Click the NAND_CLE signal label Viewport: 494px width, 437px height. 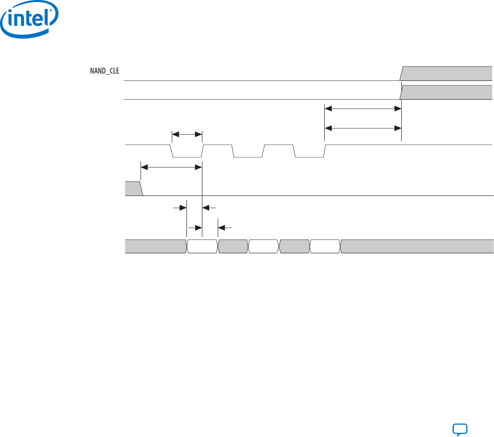(x=104, y=71)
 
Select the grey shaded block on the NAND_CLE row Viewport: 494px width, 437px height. (x=446, y=73)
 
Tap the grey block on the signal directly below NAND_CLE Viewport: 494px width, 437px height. (x=446, y=92)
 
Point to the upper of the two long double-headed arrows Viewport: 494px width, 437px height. (x=363, y=109)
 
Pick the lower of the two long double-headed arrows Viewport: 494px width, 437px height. (x=363, y=128)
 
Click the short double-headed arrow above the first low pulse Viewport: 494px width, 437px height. (x=187, y=134)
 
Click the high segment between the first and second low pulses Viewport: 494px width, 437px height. (x=217, y=145)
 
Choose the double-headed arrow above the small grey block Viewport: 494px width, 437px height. (x=171, y=167)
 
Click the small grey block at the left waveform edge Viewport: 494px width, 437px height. (x=133, y=189)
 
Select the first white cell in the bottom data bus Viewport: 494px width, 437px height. (x=202, y=246)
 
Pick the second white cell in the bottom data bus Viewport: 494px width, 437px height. (x=263, y=246)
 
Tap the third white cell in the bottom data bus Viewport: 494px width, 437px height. (x=325, y=246)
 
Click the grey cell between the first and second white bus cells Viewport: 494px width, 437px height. (x=233, y=246)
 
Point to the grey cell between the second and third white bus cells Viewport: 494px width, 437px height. (x=295, y=246)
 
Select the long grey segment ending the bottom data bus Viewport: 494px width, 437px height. (x=416, y=246)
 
